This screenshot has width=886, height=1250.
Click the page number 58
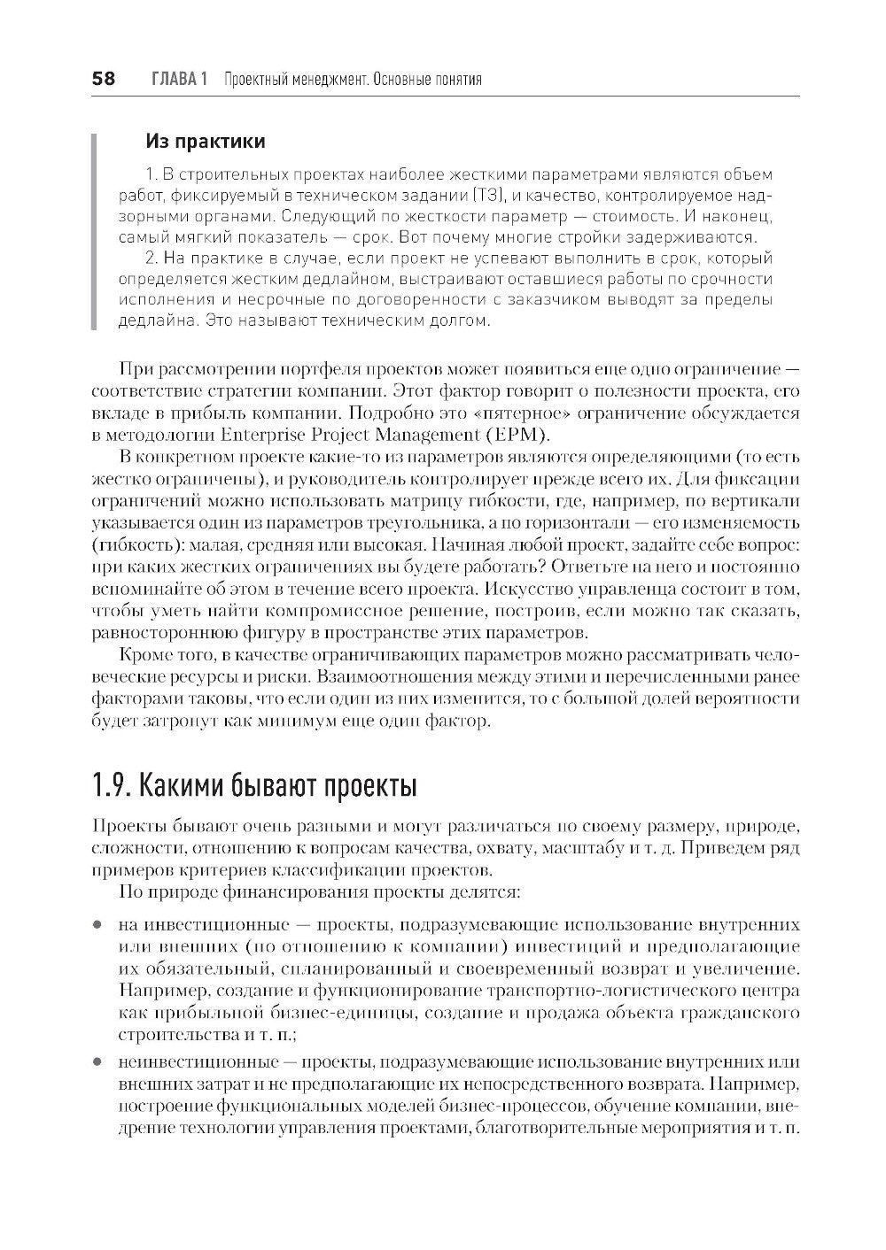(x=103, y=80)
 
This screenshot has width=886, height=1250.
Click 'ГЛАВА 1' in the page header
(x=179, y=80)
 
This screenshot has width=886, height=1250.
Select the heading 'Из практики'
(x=205, y=141)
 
